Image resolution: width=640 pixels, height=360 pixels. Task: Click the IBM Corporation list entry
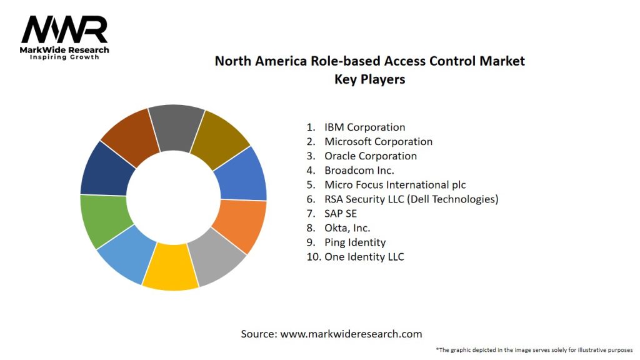click(364, 127)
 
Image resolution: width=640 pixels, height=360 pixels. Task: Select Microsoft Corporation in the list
click(378, 142)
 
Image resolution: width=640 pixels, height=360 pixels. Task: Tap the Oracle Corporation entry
click(370, 156)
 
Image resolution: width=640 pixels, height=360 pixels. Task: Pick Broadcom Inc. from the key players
click(359, 170)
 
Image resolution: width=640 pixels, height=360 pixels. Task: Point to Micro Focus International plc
click(395, 185)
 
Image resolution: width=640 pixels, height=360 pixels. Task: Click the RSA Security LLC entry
click(411, 199)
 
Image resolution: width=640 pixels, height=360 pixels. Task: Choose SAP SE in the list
click(341, 214)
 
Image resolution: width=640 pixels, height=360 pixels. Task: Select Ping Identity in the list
click(355, 242)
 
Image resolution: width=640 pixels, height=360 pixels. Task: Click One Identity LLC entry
click(364, 257)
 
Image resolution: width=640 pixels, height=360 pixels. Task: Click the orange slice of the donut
click(240, 225)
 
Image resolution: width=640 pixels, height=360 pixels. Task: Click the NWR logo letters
click(64, 31)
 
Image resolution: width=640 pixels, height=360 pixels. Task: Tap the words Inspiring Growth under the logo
click(64, 57)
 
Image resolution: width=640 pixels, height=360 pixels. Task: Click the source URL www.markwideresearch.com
click(351, 334)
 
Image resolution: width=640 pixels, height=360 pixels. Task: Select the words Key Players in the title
click(369, 79)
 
